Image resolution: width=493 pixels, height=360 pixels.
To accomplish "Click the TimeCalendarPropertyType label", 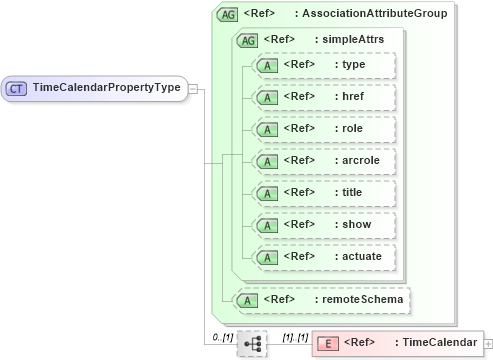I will pos(106,88).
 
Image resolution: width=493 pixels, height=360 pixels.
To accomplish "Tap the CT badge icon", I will pos(17,88).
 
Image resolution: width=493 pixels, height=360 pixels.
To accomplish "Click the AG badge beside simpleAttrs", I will pos(247,40).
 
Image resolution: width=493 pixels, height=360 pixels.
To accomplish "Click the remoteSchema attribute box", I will pos(320,299).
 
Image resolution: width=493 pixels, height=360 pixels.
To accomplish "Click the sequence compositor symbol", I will pos(251,343).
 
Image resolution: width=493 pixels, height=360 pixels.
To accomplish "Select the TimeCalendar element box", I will pos(396,343).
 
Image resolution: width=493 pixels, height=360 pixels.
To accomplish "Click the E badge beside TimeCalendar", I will pos(327,343).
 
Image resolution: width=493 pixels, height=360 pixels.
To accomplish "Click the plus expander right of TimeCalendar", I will pos(487,343).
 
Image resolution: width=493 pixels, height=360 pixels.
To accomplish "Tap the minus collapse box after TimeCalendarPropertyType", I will pos(193,88).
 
